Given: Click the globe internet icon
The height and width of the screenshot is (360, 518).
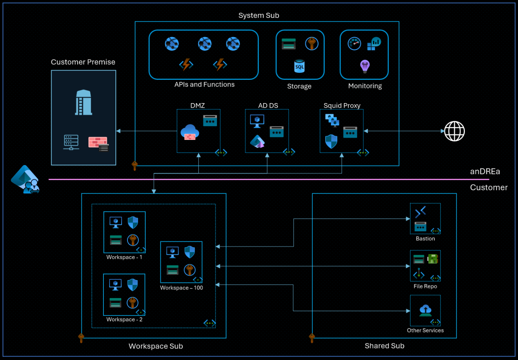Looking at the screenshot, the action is point(454,131).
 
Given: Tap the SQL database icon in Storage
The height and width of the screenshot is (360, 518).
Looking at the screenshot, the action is point(299,66).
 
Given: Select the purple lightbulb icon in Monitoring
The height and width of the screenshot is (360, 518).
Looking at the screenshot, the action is point(365,66).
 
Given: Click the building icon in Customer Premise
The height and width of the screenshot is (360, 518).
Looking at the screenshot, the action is point(83,102).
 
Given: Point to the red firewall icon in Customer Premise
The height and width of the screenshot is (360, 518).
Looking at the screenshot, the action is point(98,144).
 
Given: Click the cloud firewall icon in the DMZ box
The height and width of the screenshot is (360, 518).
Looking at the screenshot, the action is point(189,133).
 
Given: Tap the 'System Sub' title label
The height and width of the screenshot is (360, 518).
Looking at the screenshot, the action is point(259,15).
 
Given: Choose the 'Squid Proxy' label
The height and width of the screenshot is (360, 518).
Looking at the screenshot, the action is point(342,105).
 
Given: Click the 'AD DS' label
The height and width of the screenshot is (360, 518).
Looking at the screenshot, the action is point(268,105).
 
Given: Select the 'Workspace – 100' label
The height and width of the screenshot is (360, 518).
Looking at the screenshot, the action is point(182,288).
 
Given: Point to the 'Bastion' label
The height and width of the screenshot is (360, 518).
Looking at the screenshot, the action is point(425,239).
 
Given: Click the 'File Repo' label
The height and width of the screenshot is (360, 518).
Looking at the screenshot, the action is point(425,286).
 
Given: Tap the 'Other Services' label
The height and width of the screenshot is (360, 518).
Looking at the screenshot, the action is point(425,330).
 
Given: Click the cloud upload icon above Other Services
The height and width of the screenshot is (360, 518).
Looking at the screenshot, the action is point(425,310).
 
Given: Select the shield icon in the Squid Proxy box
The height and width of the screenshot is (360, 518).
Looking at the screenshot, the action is point(331,141).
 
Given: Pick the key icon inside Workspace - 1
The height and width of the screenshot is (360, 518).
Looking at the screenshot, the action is point(133,240).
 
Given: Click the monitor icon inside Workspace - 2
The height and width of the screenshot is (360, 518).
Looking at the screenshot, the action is point(115,285).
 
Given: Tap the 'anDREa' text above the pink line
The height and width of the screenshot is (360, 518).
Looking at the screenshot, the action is point(485,171).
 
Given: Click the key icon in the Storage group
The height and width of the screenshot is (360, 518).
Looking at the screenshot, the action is point(311,43).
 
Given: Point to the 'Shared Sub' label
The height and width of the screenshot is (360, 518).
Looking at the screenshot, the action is point(384,346).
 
